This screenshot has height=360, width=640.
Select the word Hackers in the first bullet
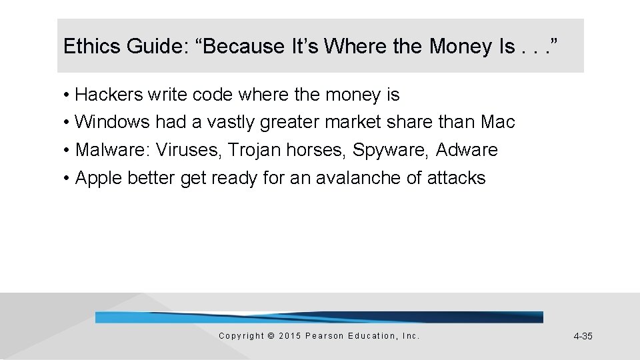pyautogui.click(x=109, y=95)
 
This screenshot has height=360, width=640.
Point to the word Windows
pyautogui.click(x=113, y=123)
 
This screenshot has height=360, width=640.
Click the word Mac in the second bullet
pyautogui.click(x=497, y=123)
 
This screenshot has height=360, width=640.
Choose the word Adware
pyautogui.click(x=467, y=151)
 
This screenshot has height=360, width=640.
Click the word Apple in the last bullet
pyautogui.click(x=99, y=178)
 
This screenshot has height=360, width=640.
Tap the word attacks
pyautogui.click(x=457, y=178)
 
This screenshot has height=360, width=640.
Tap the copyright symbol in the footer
pyautogui.click(x=270, y=336)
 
